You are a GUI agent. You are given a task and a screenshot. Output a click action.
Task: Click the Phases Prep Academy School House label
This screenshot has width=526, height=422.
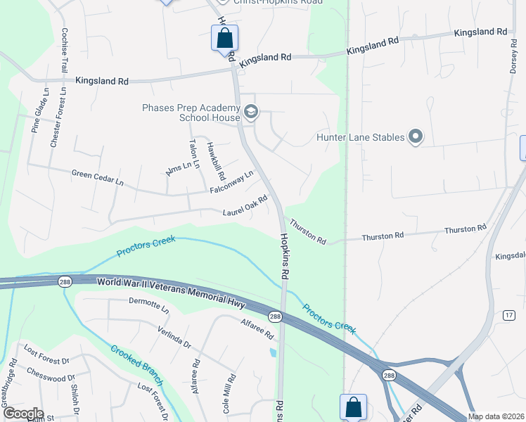191,113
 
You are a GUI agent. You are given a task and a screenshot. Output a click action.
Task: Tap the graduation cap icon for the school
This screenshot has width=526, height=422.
251,112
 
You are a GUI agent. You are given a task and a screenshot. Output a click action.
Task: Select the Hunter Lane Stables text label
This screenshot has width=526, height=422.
360,138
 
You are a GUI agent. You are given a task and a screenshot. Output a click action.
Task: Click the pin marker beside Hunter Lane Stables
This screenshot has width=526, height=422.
416,137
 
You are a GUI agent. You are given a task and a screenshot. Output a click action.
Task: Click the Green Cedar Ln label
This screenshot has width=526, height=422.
97,177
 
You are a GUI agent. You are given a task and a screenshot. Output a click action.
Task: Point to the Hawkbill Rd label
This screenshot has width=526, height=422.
215,161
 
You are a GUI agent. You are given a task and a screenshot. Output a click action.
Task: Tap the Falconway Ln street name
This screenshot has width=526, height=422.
231,183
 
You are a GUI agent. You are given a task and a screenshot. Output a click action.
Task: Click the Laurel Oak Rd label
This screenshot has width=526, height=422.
245,207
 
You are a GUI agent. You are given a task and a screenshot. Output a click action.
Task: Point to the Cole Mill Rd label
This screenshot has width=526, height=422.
229,392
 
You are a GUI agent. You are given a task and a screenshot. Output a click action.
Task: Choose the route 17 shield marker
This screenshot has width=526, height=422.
508,316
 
